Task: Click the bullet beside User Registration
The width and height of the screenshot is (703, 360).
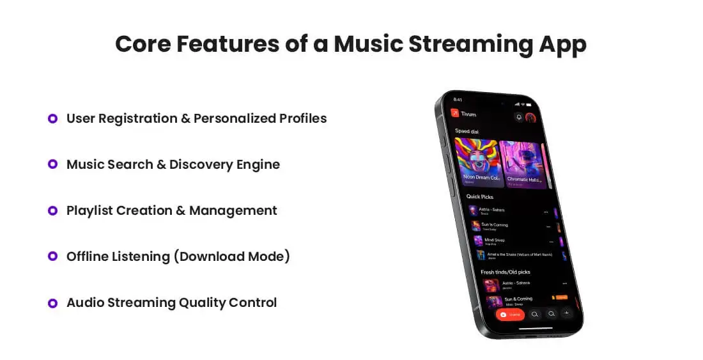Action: coord(53,118)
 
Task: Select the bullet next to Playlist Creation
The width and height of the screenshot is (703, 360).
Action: coord(53,210)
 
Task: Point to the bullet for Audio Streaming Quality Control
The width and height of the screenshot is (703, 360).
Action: coord(53,302)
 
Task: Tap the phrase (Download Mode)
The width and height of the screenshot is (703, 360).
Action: coord(234,256)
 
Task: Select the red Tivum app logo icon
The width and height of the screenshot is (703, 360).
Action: coord(454,113)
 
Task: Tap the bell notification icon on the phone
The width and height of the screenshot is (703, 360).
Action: coord(519,117)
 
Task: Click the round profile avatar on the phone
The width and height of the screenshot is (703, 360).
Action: coord(530,118)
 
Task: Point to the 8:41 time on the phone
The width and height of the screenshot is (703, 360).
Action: coord(458,100)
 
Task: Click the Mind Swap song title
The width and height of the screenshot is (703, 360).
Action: coord(494,240)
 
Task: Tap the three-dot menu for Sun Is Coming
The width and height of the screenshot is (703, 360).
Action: coord(548,226)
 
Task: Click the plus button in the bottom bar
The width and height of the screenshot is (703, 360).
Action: coord(566,313)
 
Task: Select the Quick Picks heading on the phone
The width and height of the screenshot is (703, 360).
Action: coord(479,196)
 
